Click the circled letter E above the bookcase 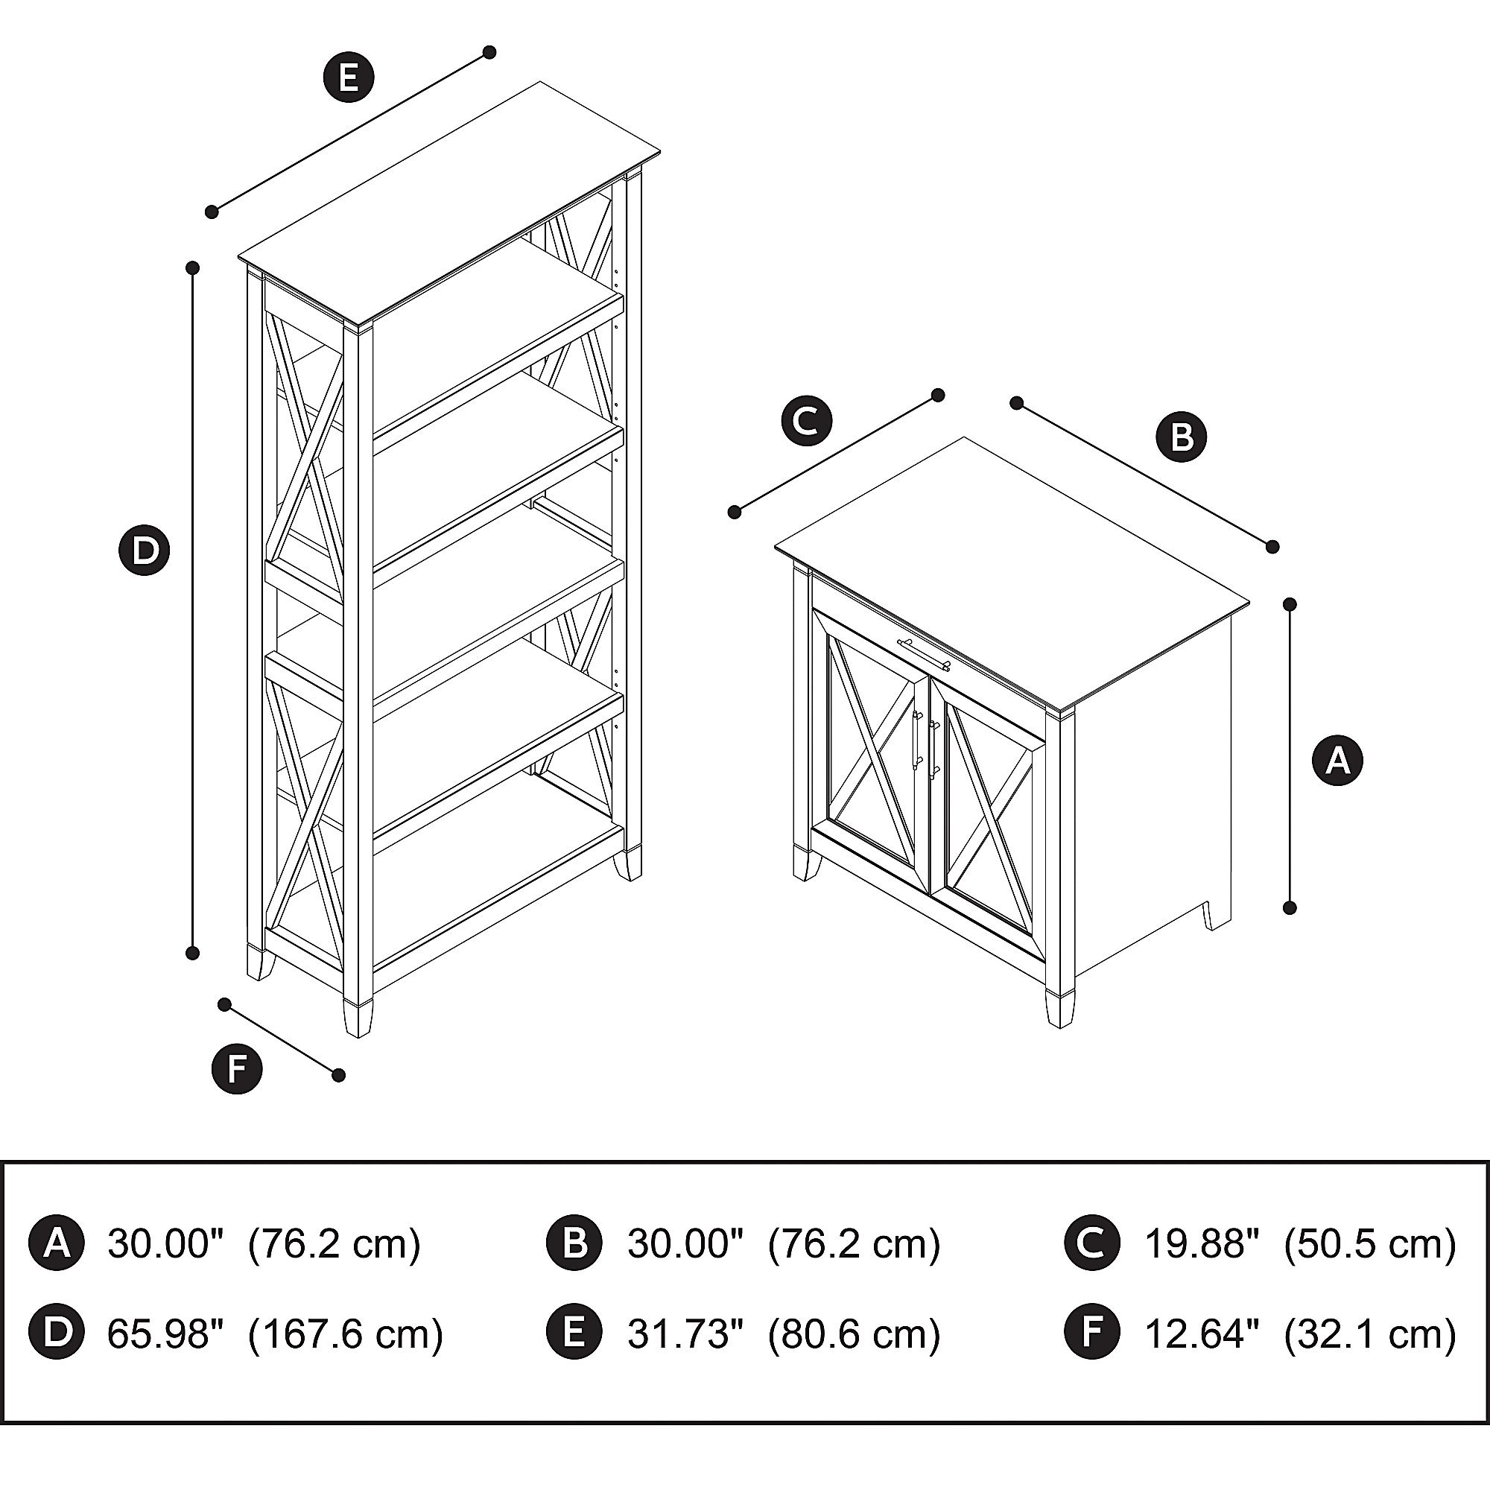(x=349, y=78)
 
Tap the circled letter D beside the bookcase (x=145, y=551)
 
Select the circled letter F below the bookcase (x=237, y=1069)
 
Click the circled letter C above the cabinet (x=807, y=421)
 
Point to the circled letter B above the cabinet (x=1181, y=437)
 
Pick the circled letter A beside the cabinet (x=1338, y=761)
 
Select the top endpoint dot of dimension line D (x=193, y=267)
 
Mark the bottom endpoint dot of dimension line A (x=1290, y=908)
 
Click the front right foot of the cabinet (x=1059, y=1009)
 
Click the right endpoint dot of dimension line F (x=337, y=1075)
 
